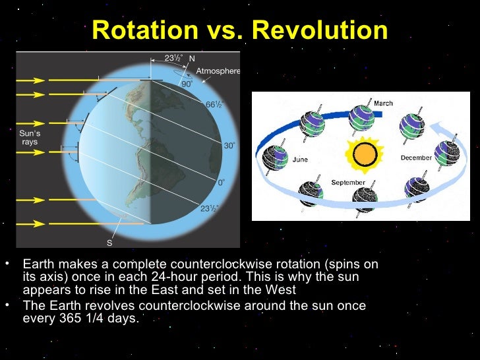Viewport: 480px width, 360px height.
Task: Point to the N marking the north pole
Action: tap(192, 59)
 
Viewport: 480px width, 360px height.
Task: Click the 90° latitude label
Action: tap(187, 84)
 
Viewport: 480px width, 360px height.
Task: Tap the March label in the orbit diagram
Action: tap(383, 104)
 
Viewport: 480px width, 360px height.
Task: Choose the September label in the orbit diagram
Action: tap(348, 182)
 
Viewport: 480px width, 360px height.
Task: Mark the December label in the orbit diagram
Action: tap(416, 158)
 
